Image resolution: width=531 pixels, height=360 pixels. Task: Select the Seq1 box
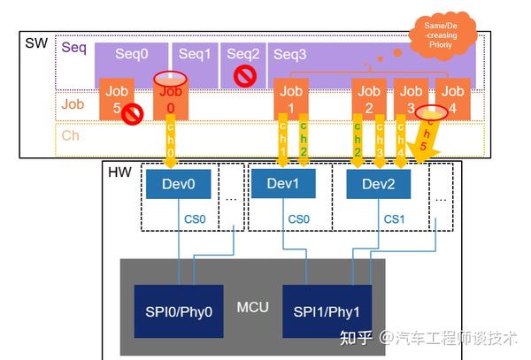click(x=194, y=54)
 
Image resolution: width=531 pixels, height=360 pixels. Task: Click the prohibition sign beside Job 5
click(x=132, y=114)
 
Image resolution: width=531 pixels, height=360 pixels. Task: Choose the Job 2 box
click(x=369, y=99)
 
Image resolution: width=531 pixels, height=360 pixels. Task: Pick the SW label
click(x=34, y=42)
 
